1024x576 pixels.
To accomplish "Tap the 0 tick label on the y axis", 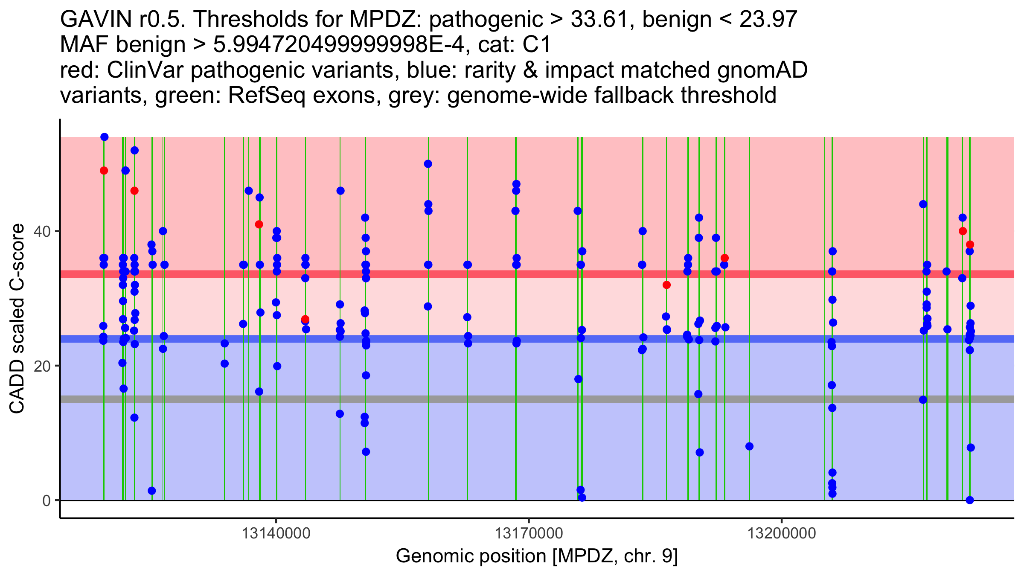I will point(47,500).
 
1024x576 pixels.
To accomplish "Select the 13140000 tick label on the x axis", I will point(276,533).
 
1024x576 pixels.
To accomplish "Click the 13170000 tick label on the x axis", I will point(529,533).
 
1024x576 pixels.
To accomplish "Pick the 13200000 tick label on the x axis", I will point(782,533).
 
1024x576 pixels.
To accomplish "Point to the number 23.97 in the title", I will point(768,20).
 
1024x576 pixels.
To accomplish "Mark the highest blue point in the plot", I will point(105,137).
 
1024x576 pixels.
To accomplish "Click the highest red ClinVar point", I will point(104,171).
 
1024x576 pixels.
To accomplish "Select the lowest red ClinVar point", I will point(305,319).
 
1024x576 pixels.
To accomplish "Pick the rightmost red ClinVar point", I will point(970,244).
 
